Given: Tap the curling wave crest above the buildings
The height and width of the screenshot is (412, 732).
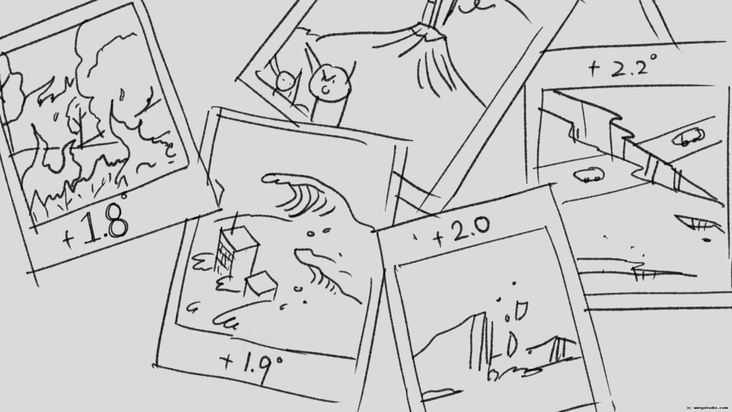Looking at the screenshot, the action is (x=305, y=198).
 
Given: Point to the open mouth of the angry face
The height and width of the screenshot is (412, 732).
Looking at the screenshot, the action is (x=326, y=90).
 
